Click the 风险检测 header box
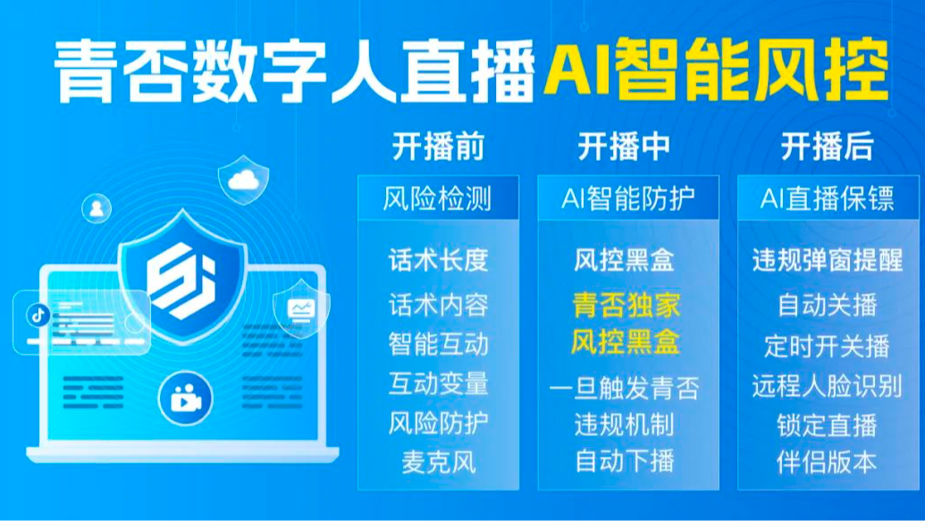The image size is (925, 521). (x=438, y=198)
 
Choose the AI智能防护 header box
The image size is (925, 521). (x=627, y=198)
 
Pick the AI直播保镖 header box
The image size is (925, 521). (x=827, y=198)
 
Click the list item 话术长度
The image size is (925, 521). (x=438, y=260)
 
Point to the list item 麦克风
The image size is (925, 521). (x=438, y=462)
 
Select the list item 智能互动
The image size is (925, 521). (x=438, y=343)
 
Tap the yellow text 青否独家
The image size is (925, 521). (x=626, y=305)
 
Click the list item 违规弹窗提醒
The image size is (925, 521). (x=827, y=260)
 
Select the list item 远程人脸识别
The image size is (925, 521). (x=827, y=386)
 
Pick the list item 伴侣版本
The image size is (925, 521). (x=827, y=462)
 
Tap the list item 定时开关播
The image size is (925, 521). (x=827, y=345)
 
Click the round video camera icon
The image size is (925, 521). (x=183, y=398)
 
